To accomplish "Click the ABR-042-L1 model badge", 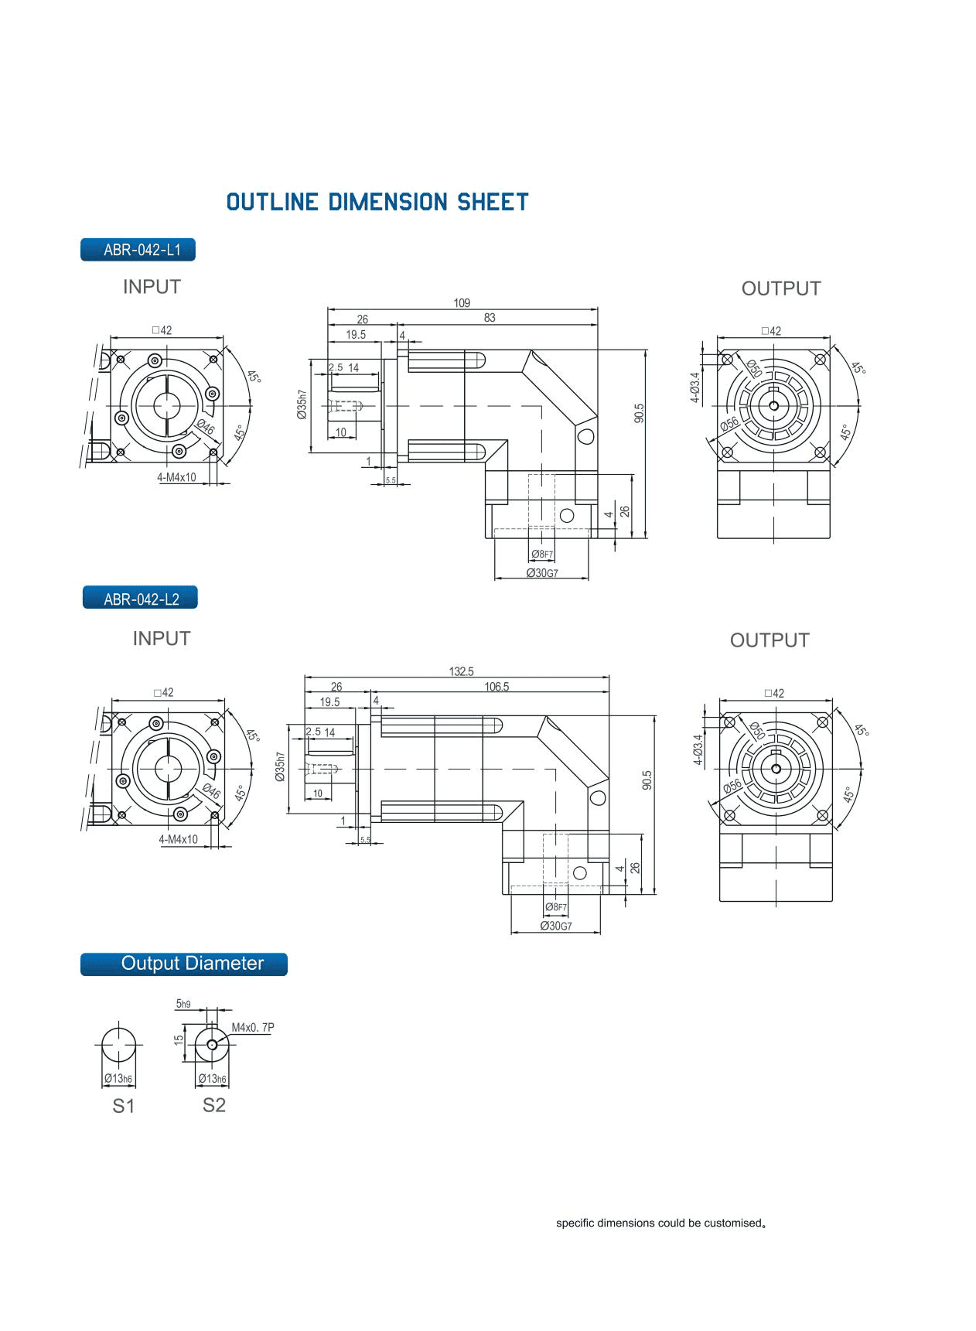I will tap(138, 250).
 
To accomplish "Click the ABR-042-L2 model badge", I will tap(140, 599).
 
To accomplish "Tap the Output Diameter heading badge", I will tap(184, 964).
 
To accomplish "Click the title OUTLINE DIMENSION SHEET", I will tap(377, 203).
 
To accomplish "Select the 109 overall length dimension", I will tap(462, 303).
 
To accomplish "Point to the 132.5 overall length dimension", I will tap(461, 671).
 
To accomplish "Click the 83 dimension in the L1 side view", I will tap(489, 318).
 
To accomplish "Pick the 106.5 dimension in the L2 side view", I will tap(497, 687).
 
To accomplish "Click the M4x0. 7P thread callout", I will tap(253, 1028).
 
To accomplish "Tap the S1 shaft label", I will tap(124, 1107).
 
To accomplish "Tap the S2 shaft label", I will tap(214, 1105).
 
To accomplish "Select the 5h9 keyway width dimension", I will tap(183, 1004).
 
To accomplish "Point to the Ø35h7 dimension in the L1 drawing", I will tap(302, 404).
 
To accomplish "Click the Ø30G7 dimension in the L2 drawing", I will tap(555, 926).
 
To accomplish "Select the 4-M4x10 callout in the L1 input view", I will tap(176, 478).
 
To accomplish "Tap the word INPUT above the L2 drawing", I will tap(161, 639).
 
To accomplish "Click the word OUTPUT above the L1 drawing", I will tap(780, 288).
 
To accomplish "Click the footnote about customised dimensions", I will tap(660, 1223).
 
